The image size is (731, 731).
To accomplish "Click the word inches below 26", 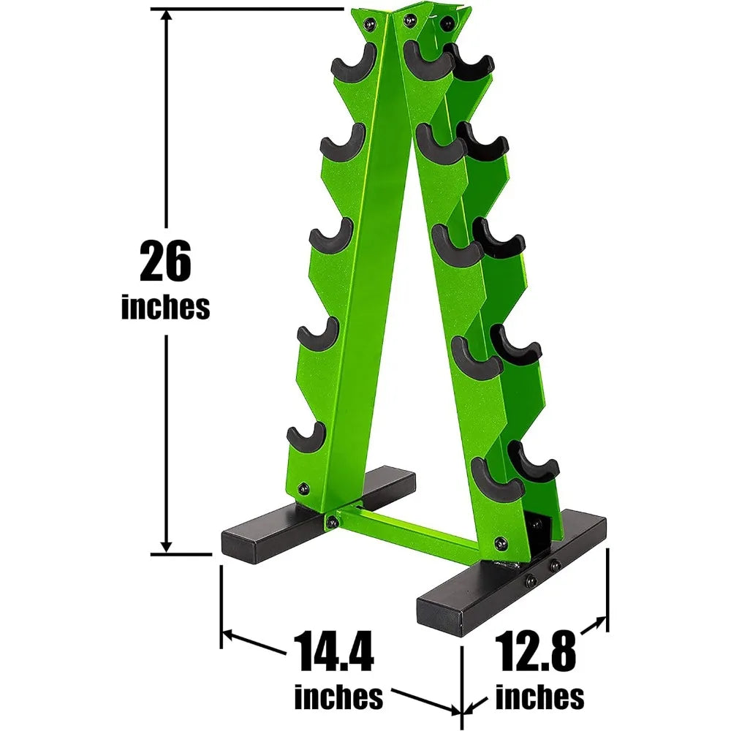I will click(165, 307).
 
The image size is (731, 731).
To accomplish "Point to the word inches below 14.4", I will click(338, 697).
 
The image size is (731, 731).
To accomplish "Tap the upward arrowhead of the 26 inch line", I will click(167, 18).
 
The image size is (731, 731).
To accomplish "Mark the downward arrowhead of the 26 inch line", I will click(167, 545).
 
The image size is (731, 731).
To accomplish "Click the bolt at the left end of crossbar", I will click(333, 521).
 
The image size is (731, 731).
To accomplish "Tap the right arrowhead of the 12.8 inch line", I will click(601, 622).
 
